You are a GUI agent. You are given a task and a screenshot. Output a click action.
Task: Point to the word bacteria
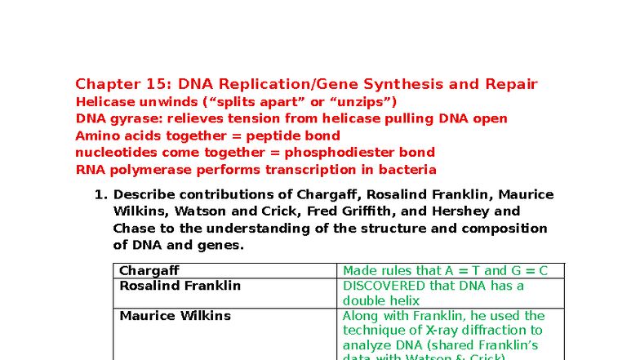[407, 170]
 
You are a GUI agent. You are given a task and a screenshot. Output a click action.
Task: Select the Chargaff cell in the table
[149, 270]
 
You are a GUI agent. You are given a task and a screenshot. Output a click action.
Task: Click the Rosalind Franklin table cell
[180, 286]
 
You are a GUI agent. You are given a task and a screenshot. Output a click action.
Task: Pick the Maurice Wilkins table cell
[176, 315]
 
